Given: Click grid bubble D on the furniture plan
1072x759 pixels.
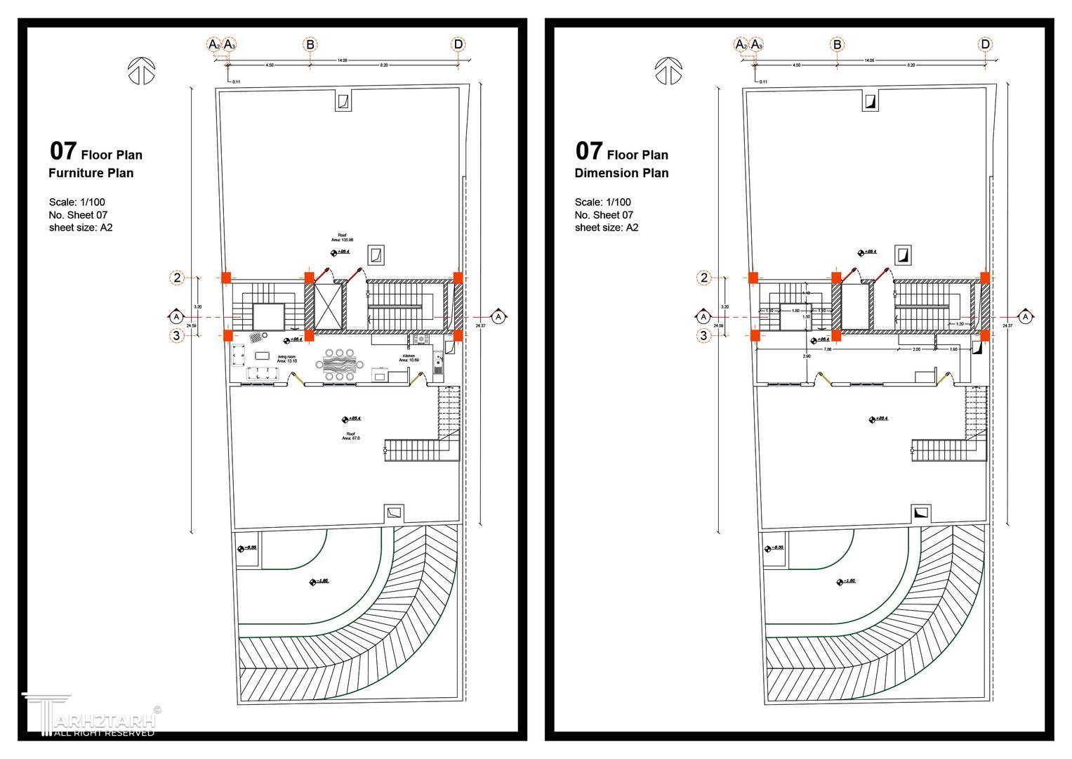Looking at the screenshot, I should coord(458,45).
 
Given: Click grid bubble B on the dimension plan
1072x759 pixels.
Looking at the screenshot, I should coord(837,45).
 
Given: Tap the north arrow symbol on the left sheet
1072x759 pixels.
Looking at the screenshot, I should coord(142,71).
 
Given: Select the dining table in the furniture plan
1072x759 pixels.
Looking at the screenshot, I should coord(340,365).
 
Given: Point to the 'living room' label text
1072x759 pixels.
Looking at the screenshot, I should coord(286,358).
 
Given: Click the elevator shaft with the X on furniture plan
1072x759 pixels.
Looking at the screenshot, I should coord(327,306).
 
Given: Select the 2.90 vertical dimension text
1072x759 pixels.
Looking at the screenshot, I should coord(807,356).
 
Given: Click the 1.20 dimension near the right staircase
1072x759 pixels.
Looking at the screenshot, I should coord(960,324).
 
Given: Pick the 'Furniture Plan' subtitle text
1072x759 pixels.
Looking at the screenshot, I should coord(91,173).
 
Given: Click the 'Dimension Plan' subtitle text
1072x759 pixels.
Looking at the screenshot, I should coord(621,173).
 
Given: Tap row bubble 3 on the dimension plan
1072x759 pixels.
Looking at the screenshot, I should coord(704,336).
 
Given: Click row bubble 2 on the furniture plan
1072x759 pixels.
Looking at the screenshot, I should coord(177,278).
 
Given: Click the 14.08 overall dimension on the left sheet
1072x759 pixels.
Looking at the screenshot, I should coord(342,60).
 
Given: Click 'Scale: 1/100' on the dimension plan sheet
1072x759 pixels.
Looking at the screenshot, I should coord(602,202).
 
